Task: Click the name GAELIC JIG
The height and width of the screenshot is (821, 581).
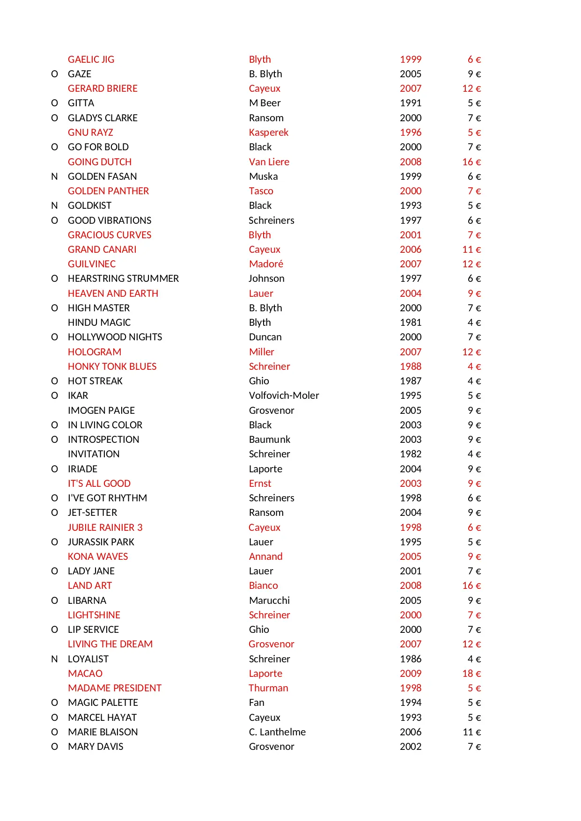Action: pos(91,59)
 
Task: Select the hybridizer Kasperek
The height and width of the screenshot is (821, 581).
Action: pos(268,132)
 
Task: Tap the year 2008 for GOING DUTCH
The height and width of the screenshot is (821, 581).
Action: pos(410,162)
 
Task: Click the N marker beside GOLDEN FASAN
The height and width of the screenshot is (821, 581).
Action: pos(54,176)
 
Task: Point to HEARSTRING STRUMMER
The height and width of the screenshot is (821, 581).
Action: pos(123,279)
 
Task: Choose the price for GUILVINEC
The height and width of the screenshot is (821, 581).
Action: pos(471,264)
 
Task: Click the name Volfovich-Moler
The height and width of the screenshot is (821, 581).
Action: pos(284,396)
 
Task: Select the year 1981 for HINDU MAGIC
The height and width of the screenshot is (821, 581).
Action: pos(410,323)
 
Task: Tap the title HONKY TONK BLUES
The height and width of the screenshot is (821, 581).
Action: pos(112,367)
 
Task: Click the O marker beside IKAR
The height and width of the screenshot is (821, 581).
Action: pos(54,396)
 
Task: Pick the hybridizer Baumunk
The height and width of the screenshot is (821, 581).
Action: pos(269,440)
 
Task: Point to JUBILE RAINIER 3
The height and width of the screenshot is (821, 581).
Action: pos(105,528)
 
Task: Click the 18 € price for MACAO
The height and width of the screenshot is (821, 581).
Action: pos(471,674)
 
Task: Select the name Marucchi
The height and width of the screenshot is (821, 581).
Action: pos(269,601)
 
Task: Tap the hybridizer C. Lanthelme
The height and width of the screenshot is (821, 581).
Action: pos(277,732)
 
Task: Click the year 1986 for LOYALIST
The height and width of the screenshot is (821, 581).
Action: pos(410,659)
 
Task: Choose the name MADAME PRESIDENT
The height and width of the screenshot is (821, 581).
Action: pos(114,688)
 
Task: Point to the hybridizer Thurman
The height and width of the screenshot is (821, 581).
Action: pos(268,688)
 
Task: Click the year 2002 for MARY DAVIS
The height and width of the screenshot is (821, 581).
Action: pos(410,747)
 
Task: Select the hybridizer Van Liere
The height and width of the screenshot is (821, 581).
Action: pos(269,162)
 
